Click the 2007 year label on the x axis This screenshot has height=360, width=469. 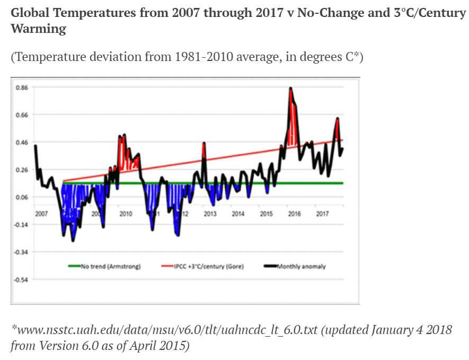41,214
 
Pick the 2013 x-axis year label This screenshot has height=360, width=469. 210,214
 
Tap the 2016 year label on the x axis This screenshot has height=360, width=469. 294,214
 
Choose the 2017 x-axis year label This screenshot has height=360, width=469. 322,214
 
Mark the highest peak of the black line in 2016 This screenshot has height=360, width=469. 290,88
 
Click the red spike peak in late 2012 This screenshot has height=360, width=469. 203,143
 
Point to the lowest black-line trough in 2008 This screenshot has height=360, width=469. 73,241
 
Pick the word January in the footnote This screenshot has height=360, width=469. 384,330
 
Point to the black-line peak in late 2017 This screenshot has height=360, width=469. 337,118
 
